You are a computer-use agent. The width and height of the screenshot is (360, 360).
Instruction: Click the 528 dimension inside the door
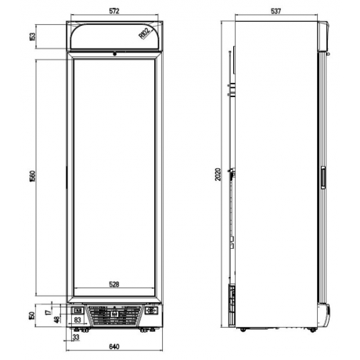(x=115, y=285)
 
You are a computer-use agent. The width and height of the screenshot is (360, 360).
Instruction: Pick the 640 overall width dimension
(x=115, y=346)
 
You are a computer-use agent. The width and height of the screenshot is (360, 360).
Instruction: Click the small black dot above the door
(x=115, y=54)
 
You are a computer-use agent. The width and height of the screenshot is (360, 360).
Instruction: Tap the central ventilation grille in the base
(x=115, y=315)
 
